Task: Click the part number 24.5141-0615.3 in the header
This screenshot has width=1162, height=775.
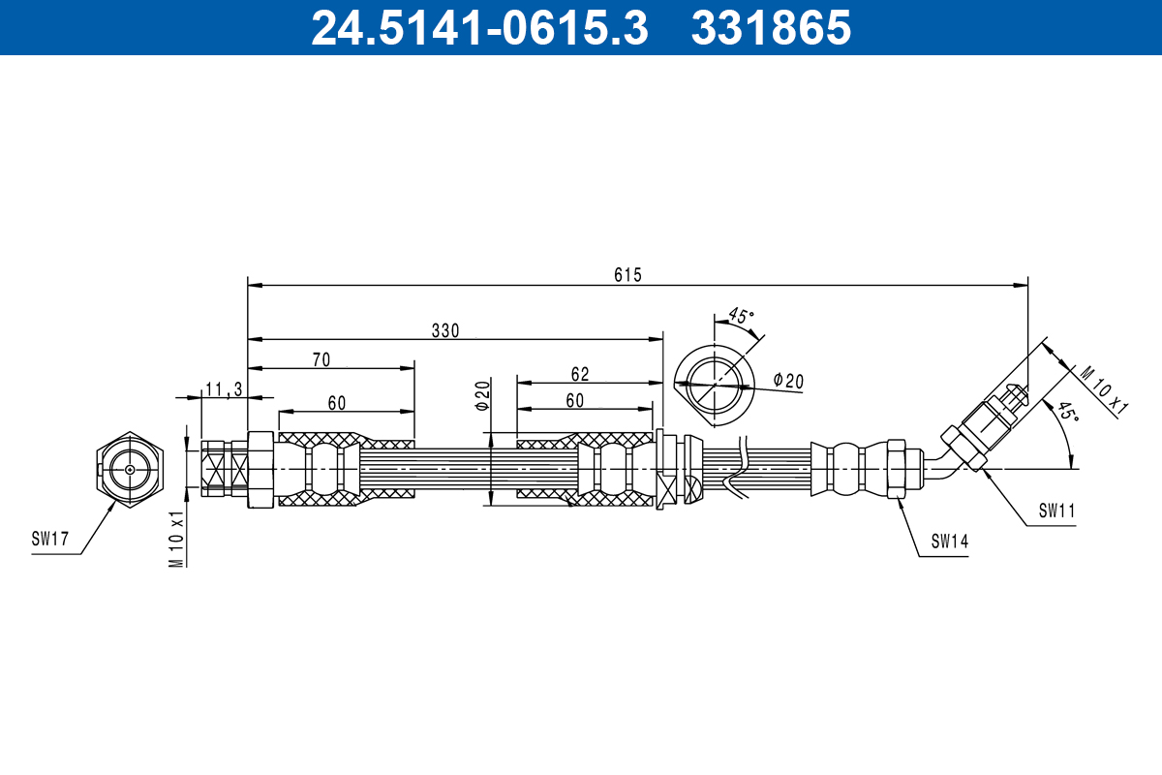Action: (479, 28)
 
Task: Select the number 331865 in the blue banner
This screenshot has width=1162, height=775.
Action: (772, 28)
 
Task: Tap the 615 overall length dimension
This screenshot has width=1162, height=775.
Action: (627, 274)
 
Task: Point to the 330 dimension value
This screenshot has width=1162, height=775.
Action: (445, 330)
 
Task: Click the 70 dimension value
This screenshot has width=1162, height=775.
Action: (321, 359)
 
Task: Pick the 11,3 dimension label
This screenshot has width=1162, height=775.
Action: (224, 388)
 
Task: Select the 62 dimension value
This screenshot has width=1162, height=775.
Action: (580, 374)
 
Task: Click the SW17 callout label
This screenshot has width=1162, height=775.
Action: (49, 539)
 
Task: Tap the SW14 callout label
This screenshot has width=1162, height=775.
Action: (950, 542)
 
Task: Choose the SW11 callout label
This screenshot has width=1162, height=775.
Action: (1057, 511)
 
